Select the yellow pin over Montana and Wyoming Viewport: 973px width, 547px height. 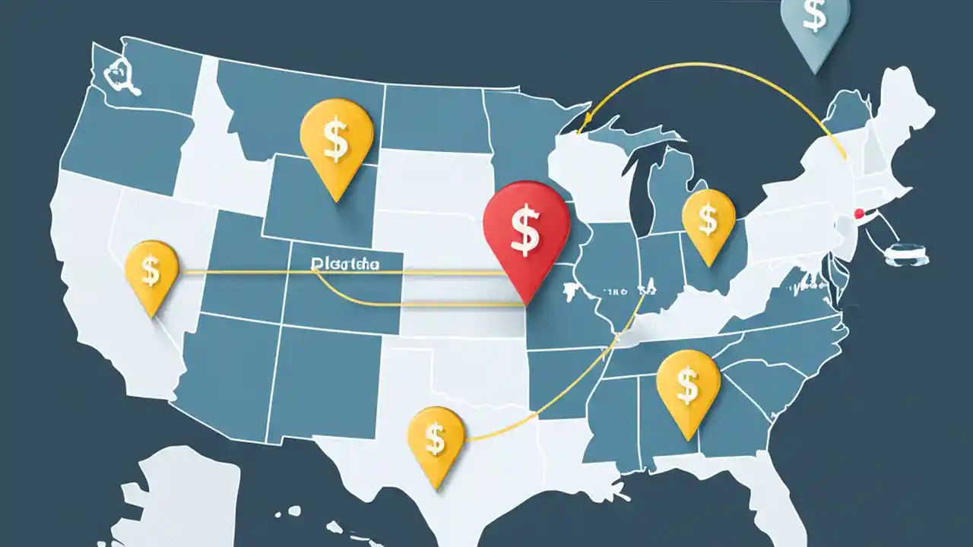(x=337, y=141)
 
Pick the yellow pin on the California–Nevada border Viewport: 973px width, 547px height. (x=151, y=271)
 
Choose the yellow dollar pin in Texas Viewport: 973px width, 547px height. (x=436, y=437)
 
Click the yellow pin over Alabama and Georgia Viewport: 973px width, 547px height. (x=688, y=384)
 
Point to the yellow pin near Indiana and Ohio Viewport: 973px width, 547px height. (x=708, y=220)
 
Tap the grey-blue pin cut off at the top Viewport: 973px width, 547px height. (x=815, y=27)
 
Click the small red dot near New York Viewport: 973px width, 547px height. (x=859, y=213)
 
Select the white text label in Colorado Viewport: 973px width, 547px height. (x=345, y=264)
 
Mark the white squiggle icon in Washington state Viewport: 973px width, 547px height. (x=118, y=76)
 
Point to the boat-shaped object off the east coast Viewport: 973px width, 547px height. (x=907, y=254)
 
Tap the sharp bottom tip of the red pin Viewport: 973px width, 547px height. (x=525, y=302)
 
